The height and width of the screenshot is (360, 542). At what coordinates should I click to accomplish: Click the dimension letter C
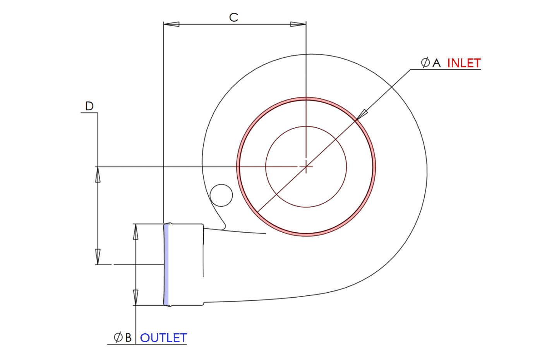click(233, 17)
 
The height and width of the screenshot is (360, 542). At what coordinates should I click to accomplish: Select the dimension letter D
click(89, 106)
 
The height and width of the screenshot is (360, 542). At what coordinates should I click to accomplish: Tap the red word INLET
click(464, 63)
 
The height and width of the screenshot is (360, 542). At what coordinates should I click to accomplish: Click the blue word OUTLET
click(163, 338)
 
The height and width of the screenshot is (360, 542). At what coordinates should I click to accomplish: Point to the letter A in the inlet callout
click(436, 63)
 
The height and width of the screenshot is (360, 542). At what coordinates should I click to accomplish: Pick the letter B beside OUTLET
click(128, 338)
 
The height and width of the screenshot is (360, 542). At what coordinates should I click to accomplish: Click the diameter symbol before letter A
click(425, 62)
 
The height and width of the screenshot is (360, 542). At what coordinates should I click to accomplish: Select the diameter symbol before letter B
click(118, 337)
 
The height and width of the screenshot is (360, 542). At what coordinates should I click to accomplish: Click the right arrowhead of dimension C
click(298, 24)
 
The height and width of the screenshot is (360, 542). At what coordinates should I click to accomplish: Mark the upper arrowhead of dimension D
click(98, 175)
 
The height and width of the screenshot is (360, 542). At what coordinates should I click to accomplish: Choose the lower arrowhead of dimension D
click(98, 257)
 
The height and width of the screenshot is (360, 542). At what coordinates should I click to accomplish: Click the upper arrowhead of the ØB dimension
click(135, 232)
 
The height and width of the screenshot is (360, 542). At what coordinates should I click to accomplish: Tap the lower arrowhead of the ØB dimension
click(135, 297)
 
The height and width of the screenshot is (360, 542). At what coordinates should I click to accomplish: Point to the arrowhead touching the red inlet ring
click(362, 115)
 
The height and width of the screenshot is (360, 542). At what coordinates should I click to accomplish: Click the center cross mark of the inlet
click(306, 166)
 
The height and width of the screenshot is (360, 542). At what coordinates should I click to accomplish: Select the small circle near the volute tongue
click(221, 195)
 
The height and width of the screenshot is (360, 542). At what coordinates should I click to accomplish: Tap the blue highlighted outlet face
click(166, 265)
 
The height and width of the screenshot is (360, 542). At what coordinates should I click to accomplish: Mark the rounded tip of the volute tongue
click(224, 226)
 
